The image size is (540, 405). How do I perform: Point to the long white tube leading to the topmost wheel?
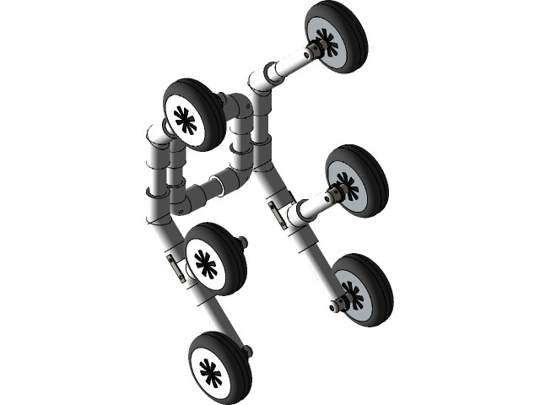pos(291,64)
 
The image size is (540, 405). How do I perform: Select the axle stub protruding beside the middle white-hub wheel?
pos(245,245)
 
